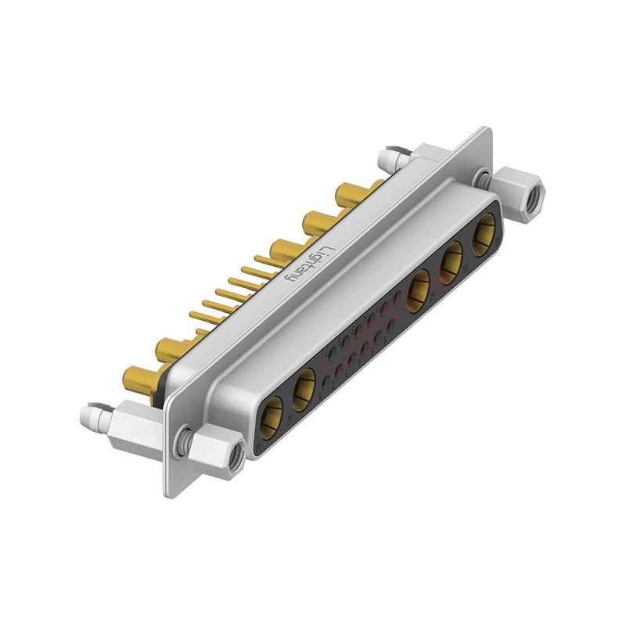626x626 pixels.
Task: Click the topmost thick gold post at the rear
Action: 350,192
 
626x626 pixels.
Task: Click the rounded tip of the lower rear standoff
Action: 88,412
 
